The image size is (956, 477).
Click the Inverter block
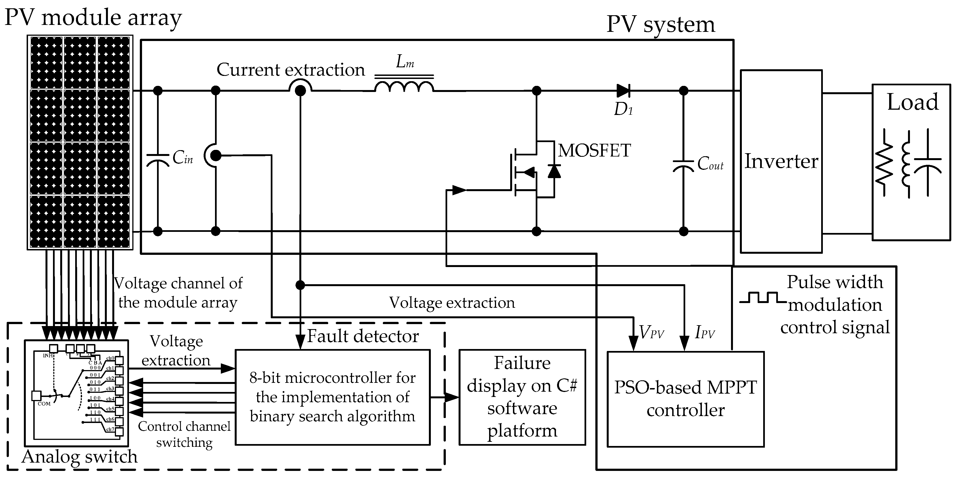coord(781,161)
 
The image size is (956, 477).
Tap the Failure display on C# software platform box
coord(522,397)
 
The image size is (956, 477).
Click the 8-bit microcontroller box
coord(333,397)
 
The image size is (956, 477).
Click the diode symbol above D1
coord(623,90)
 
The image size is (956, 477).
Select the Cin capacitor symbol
coord(158,160)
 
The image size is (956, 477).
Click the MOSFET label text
coord(594,150)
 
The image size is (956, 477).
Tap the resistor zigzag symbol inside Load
coord(884,163)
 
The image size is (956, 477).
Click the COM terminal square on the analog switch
coord(36,396)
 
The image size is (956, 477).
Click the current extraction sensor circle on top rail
coord(300,90)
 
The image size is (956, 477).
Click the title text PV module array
coord(93,17)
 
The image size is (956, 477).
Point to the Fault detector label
coord(363,336)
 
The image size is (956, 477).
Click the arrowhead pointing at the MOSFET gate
coord(459,190)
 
